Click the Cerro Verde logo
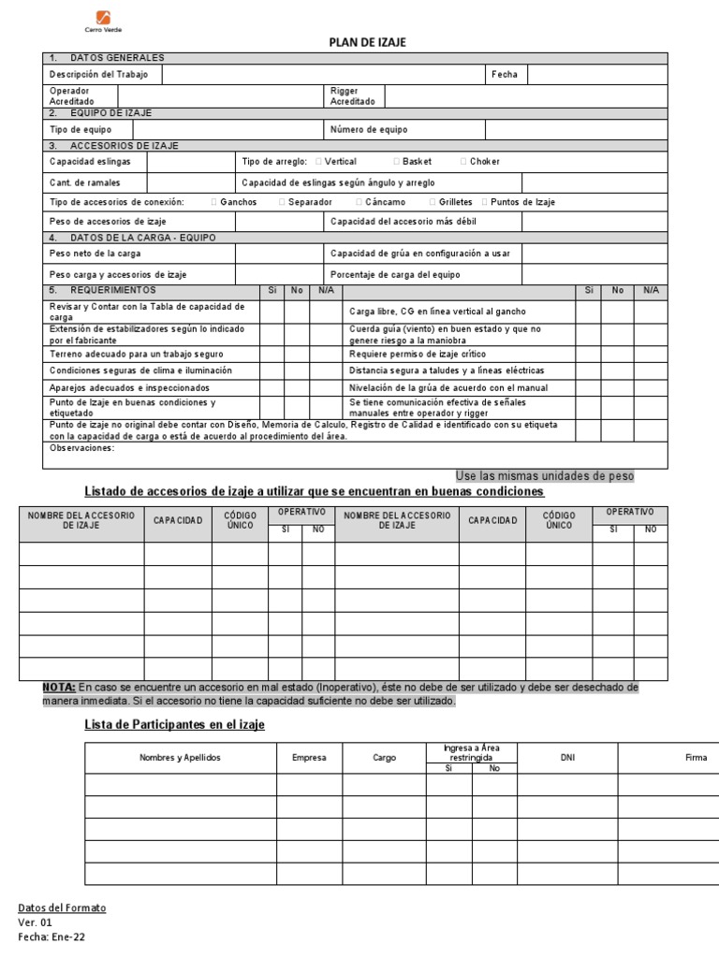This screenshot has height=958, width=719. click(x=103, y=19)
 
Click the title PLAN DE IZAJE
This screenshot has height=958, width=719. click(x=367, y=43)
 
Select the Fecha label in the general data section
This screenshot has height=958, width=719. click(x=504, y=74)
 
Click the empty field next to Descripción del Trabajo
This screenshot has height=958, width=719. click(x=323, y=74)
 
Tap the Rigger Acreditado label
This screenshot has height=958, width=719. click(x=352, y=96)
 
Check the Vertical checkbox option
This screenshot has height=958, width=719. click(x=319, y=162)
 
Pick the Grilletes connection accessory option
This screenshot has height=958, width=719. click(x=433, y=202)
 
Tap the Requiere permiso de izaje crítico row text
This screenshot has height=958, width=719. click(x=418, y=355)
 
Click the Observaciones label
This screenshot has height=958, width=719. click(x=81, y=448)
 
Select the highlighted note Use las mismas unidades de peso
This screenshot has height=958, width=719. click(x=544, y=475)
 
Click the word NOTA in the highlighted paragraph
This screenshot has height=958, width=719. click(x=58, y=688)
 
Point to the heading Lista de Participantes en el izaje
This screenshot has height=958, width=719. click(x=175, y=725)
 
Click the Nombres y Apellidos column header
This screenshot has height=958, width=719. click(x=180, y=758)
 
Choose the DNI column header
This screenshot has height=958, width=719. click(x=567, y=758)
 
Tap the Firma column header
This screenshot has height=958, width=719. click(x=696, y=758)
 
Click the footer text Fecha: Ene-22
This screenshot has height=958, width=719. click(x=51, y=937)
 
